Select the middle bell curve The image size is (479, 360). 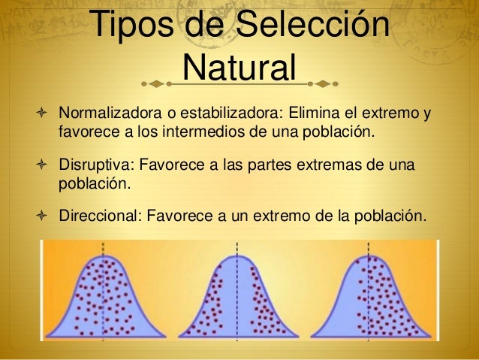[238, 301]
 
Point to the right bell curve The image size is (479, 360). [371, 301]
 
